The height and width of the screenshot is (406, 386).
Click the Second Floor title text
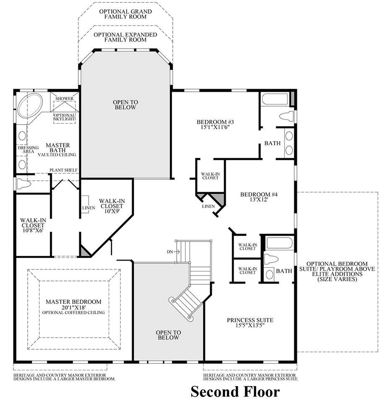click(235, 392)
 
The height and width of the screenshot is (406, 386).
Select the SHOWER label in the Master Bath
click(64, 99)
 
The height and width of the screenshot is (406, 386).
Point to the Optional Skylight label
click(64, 117)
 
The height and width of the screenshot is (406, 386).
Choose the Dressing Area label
click(28, 149)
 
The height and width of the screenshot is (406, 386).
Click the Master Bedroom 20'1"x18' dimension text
click(73, 307)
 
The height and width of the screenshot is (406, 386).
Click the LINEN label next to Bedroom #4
click(208, 206)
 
